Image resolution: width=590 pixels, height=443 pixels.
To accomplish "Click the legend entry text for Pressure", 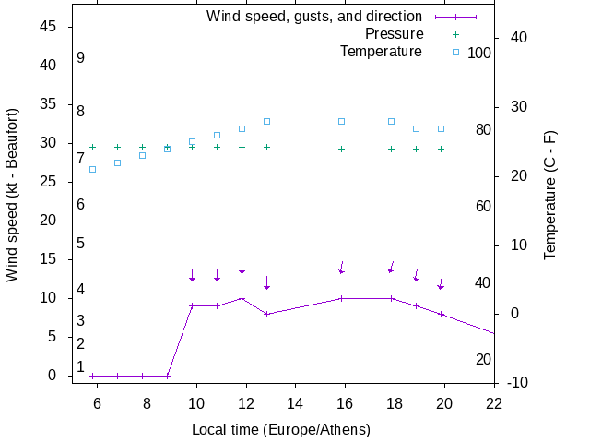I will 394,33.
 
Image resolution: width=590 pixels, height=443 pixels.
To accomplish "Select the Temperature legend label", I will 381,51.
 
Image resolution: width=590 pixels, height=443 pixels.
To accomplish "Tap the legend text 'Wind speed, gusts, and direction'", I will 314,16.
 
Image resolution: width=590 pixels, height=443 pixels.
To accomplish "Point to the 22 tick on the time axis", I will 494,402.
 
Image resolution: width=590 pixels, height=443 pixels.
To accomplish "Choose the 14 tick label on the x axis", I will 295,402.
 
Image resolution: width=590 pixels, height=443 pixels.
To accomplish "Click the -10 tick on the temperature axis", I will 517,382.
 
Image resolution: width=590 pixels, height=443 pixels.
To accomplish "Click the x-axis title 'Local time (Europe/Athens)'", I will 281,429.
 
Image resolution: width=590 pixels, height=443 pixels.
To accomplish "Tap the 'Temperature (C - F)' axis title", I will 549,194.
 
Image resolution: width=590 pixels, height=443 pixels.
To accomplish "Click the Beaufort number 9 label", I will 81,57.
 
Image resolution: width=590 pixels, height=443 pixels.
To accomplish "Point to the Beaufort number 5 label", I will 81,243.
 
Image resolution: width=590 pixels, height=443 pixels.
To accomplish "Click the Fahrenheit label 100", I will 479,53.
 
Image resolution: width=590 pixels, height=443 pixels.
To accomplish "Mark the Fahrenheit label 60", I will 483,206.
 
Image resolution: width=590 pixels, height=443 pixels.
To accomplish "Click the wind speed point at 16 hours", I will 341,298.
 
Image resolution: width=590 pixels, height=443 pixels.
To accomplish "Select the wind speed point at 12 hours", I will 242,298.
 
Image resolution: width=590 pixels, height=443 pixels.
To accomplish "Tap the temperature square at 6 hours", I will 92,169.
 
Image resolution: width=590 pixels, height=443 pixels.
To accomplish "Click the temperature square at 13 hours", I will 266,121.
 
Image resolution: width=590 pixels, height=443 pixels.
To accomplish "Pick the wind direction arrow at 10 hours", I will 192,275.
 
